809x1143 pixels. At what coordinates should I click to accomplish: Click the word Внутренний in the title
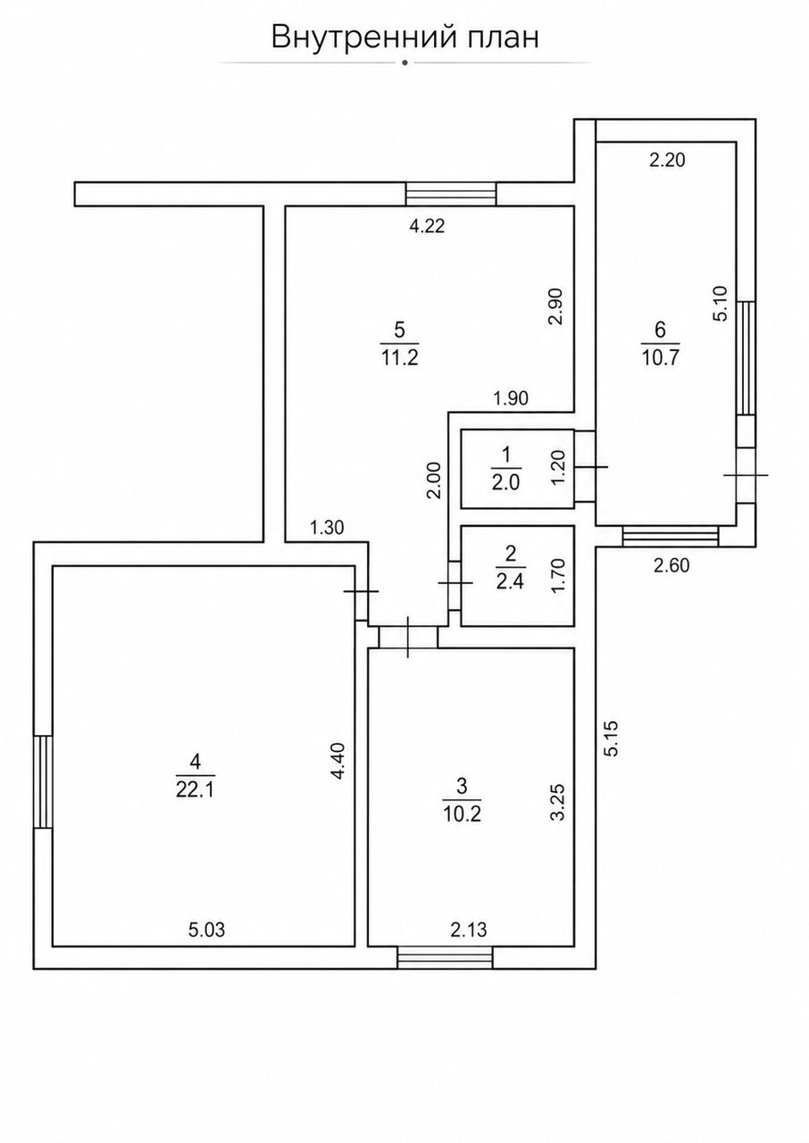pos(363,38)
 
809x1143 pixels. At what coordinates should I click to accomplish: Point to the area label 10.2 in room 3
pos(462,814)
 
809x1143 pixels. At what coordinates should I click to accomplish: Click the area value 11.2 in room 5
pos(399,358)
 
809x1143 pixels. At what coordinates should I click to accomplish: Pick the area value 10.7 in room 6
pos(660,358)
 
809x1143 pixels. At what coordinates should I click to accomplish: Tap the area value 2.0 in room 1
pos(505,482)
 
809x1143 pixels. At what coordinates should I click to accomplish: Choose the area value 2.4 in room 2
pos(510,581)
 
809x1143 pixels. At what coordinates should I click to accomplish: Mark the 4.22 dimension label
pos(428,226)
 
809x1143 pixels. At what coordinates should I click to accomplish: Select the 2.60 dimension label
pos(671,565)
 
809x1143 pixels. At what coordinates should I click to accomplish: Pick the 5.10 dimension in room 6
pos(721,303)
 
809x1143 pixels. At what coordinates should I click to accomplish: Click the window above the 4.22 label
pos(450,195)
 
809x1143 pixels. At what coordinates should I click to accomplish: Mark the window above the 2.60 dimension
pos(671,537)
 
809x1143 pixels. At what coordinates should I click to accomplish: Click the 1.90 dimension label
pos(511,398)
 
